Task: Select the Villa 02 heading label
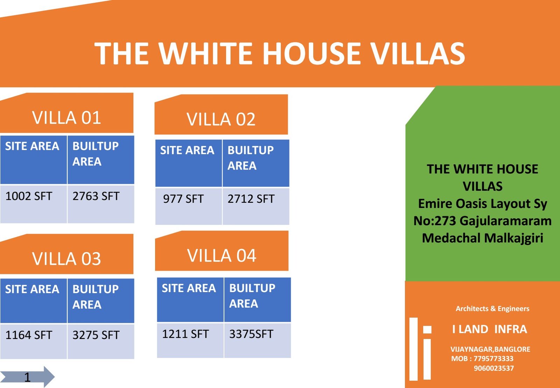(x=221, y=119)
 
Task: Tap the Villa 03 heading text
(x=66, y=258)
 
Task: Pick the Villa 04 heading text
(x=222, y=255)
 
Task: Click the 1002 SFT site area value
(x=28, y=196)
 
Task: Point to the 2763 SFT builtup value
(x=96, y=196)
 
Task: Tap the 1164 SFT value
(x=28, y=335)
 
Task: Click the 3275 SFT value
(x=96, y=335)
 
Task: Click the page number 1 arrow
(x=27, y=377)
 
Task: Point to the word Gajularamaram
(x=505, y=221)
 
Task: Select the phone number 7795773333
(x=493, y=359)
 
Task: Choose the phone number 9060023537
(x=494, y=368)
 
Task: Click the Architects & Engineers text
(x=492, y=309)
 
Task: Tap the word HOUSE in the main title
(x=311, y=53)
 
